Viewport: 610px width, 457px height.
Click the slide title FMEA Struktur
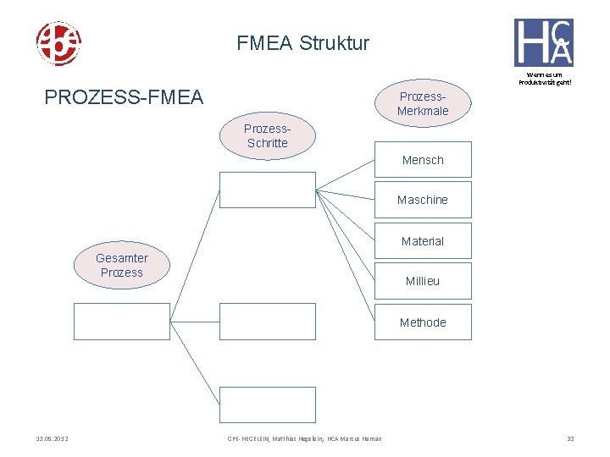(x=303, y=42)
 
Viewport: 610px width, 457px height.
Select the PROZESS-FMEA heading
(x=124, y=97)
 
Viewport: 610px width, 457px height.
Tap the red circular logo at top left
(x=58, y=43)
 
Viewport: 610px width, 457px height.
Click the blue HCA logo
(x=543, y=42)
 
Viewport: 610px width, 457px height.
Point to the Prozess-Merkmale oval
(x=423, y=103)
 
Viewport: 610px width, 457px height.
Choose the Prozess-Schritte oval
(x=267, y=136)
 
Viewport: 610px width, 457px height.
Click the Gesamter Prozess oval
(x=121, y=266)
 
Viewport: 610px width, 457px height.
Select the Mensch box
(x=423, y=160)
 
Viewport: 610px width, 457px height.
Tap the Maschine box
(x=423, y=200)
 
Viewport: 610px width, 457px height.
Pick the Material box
(x=423, y=241)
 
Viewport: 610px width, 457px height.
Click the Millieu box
(x=423, y=281)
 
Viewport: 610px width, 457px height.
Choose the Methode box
(x=423, y=322)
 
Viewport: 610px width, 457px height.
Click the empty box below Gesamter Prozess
(x=121, y=322)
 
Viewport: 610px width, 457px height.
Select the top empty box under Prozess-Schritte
(x=267, y=190)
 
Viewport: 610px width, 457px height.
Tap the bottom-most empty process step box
(x=267, y=405)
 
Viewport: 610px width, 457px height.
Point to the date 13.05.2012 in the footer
(x=53, y=438)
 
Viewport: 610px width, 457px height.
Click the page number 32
(x=570, y=438)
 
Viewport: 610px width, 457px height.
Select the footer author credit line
(x=304, y=438)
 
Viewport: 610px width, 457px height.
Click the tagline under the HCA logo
(x=544, y=77)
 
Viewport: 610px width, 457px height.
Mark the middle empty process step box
(x=267, y=322)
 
